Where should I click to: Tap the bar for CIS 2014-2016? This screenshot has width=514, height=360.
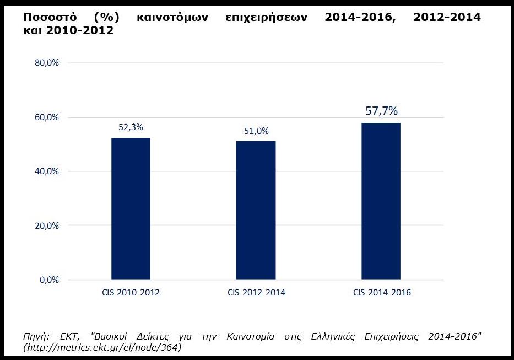click(381, 201)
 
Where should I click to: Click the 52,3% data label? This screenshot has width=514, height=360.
click(131, 127)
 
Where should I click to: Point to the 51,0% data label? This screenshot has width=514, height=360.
click(256, 131)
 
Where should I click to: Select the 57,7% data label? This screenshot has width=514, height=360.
click(381, 111)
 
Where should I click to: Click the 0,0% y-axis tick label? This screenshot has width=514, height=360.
click(48, 280)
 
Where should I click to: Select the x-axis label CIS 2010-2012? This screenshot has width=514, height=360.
click(131, 293)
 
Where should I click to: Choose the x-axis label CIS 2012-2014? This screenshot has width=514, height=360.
click(256, 293)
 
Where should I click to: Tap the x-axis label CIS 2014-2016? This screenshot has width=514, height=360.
click(381, 293)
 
